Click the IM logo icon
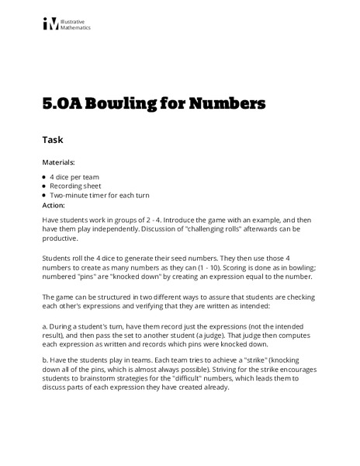51,24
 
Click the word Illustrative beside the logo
75,21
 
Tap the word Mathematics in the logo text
78,28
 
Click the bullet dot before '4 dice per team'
44,177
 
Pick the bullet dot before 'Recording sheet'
44,186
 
